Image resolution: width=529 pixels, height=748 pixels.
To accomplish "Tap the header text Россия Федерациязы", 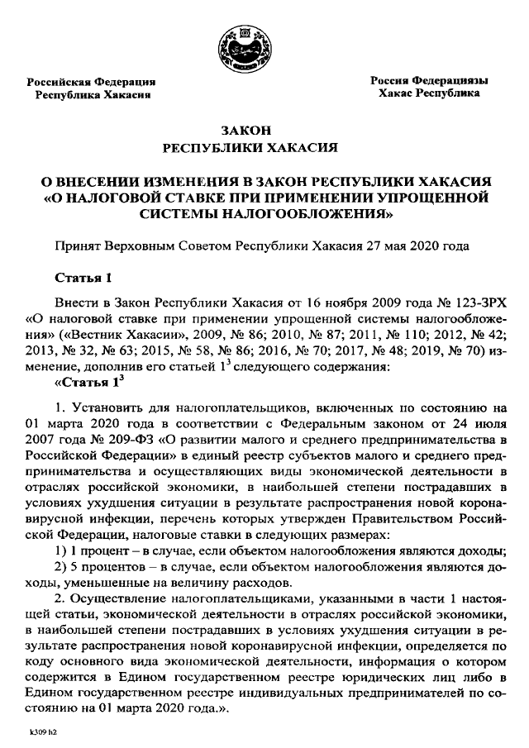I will pos(428,81).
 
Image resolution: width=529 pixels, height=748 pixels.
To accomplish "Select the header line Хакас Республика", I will pos(428,94).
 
